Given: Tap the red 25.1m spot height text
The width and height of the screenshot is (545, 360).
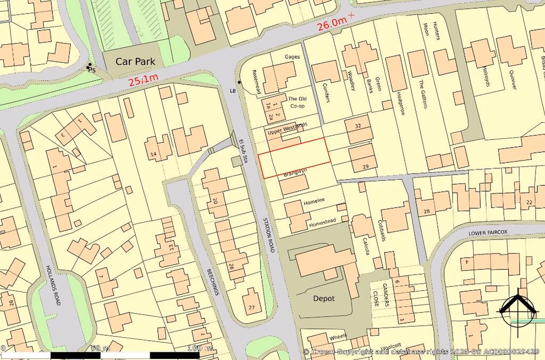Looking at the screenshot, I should pos(143,81).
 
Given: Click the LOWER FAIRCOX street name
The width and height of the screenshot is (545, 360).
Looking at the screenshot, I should pos(488,233).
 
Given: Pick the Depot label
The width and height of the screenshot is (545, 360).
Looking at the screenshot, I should pos(324,298).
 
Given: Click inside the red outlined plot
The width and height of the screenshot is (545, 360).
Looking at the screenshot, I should pos(294,157).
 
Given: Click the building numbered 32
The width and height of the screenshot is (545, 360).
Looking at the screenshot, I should pos(358,126).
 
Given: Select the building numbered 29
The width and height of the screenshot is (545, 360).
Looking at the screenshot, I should pos(365,166).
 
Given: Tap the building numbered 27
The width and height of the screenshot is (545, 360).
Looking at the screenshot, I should pos(251,308).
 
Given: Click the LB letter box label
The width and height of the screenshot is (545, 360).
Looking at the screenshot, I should pos(233,90).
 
